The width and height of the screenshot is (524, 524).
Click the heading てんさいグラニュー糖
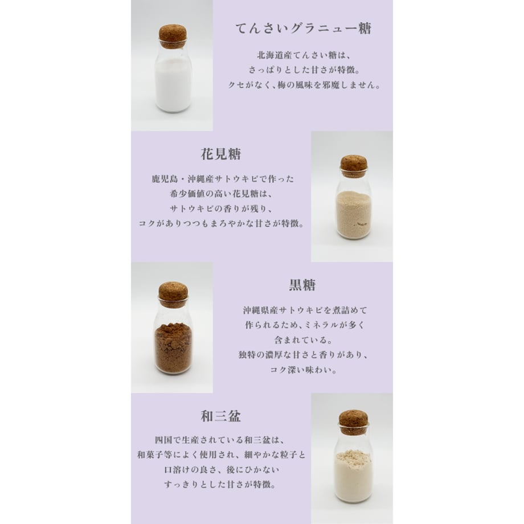coord(304,28)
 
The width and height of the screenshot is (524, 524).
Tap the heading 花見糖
coord(221,154)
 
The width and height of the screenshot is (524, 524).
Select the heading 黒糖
coord(302,285)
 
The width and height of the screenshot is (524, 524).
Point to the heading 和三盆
coord(221,416)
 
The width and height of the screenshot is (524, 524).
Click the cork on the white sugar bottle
coord(173,36)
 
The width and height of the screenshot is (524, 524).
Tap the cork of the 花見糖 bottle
coord(354,166)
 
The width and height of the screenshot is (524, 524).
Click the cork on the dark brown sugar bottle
coord(173,294)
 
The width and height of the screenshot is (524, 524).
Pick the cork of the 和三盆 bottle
coord(354,422)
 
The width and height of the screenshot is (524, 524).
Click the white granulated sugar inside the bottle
coord(173,85)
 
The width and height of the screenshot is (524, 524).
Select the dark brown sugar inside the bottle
coord(173,347)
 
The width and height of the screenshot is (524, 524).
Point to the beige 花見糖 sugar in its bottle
coord(354,214)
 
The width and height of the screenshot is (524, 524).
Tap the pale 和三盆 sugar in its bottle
coord(354,475)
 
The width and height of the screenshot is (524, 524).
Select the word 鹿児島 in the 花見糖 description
coord(165,179)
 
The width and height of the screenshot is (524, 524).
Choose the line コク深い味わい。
coord(303,370)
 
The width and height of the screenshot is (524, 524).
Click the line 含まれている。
coord(303,340)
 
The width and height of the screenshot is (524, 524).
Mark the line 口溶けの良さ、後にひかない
coord(222,469)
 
